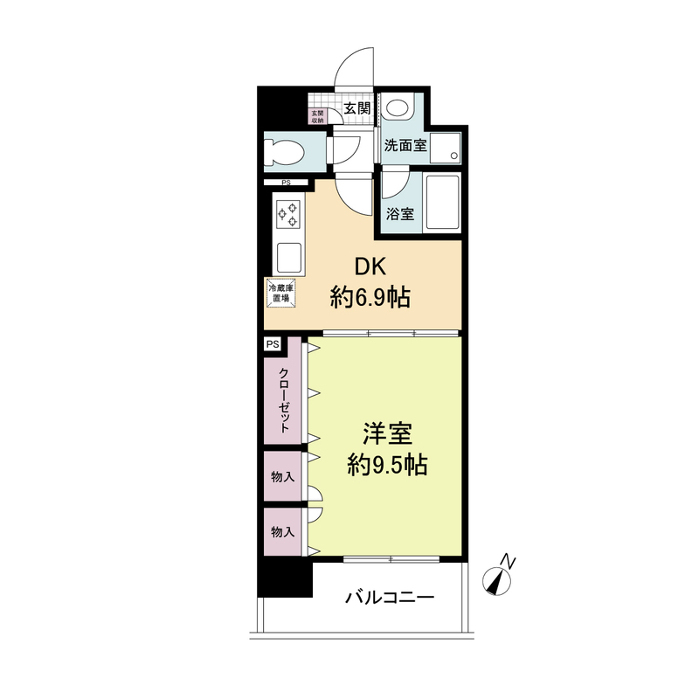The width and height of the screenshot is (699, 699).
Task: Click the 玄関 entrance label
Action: pos(357,107)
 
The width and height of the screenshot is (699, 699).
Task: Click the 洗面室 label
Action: pos(405,145)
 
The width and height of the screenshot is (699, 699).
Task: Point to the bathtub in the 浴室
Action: pos(442,203)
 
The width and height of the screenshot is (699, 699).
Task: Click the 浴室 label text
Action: pos(400,214)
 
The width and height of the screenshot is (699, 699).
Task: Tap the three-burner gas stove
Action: pos(288,214)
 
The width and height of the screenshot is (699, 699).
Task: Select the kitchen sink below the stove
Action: pos(288,258)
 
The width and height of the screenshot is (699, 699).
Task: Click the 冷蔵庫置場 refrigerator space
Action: pos(280,294)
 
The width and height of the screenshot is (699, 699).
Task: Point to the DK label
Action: pos(370,267)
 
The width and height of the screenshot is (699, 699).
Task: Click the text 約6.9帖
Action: pos(370,297)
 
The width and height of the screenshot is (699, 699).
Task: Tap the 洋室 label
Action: pos(387,433)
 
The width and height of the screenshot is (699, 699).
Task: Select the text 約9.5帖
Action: pos(387,465)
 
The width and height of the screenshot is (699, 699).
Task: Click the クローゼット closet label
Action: pos(284,399)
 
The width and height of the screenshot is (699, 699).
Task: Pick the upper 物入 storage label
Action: pos(283,477)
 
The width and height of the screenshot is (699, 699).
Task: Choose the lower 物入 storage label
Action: pos(283,532)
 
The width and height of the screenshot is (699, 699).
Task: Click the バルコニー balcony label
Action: pos(389,597)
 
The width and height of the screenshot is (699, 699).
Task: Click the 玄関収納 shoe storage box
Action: pos(317,117)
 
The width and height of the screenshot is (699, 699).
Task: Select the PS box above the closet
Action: pos(273,344)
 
